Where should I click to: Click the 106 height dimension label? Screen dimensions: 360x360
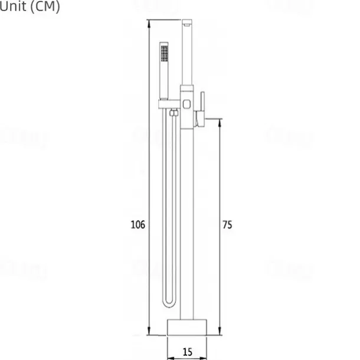138,224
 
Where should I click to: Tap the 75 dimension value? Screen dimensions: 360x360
227,224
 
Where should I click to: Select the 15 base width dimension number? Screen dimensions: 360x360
188,352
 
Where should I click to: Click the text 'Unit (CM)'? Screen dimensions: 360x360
30,8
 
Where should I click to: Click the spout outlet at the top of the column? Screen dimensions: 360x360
187,23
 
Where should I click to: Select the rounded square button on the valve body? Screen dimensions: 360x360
187,104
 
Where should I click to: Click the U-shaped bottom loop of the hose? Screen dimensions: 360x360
169,303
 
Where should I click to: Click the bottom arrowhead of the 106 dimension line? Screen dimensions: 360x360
148,332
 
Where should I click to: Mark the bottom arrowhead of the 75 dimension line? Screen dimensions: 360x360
220,332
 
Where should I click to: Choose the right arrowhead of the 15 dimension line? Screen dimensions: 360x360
206,357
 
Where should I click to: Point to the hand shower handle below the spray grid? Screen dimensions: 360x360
163,83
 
